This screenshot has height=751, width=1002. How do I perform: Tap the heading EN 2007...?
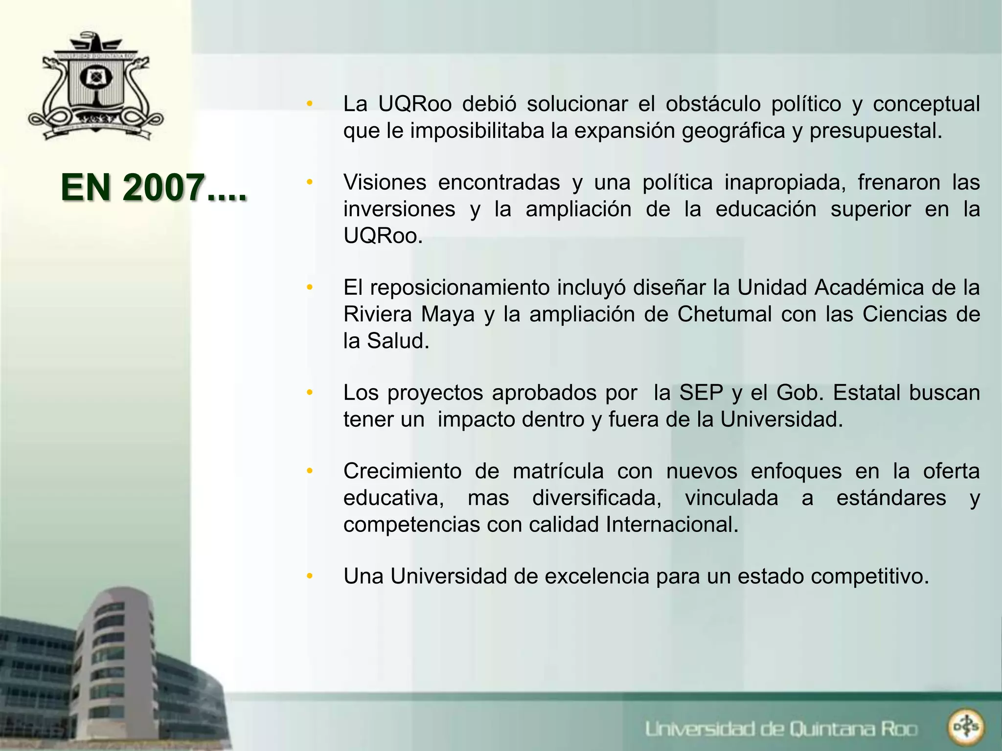coord(154,188)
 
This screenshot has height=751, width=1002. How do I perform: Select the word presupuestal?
coord(875,131)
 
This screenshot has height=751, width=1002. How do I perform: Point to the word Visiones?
coord(385,183)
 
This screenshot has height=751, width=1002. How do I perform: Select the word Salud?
coord(398,341)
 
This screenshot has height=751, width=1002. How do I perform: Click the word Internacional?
coord(671,525)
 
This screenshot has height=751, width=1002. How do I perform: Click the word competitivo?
coord(869,577)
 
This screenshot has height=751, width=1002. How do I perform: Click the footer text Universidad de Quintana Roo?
coord(781,729)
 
